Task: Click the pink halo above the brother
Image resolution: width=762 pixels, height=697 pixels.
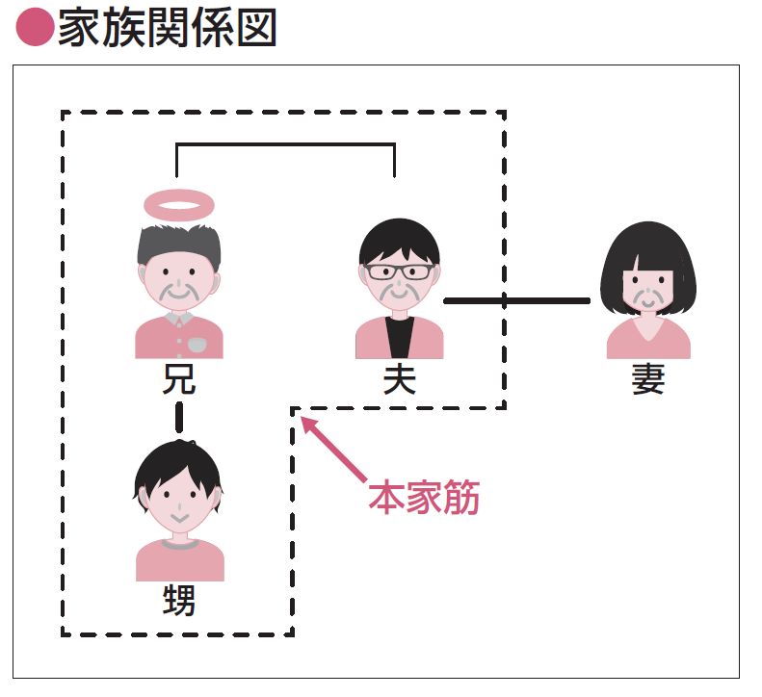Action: click(x=178, y=203)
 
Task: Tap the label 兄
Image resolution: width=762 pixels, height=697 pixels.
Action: click(x=179, y=379)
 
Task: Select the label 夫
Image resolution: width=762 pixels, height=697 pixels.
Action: click(x=400, y=380)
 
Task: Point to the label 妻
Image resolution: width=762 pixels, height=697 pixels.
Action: click(x=648, y=380)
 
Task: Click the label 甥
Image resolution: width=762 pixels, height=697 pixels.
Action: click(x=179, y=603)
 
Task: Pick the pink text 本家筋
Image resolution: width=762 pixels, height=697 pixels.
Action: click(x=424, y=499)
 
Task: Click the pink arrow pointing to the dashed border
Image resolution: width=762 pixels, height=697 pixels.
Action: click(x=332, y=448)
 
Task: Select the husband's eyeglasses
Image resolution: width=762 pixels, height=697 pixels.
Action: click(x=400, y=271)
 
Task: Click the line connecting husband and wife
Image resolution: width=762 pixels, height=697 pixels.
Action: click(x=516, y=301)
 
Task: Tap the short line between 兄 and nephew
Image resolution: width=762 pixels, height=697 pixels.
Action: click(x=179, y=417)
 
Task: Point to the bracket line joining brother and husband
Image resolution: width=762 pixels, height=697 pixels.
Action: click(x=285, y=145)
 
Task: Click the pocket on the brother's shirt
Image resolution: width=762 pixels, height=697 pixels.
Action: click(x=196, y=343)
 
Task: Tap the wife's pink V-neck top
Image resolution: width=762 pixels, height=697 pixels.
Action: click(x=648, y=342)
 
